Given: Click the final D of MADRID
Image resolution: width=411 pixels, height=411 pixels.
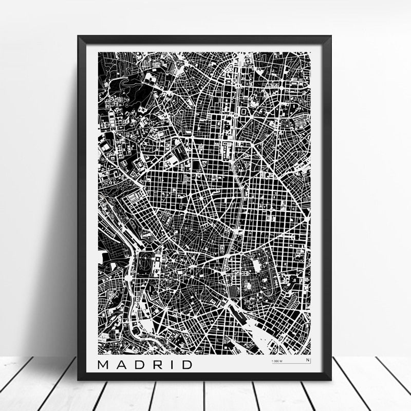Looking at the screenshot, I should [184, 365].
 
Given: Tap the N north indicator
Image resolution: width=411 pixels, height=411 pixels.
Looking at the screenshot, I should [308, 361].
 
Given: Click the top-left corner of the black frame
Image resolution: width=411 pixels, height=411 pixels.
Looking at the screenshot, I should [79, 36].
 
